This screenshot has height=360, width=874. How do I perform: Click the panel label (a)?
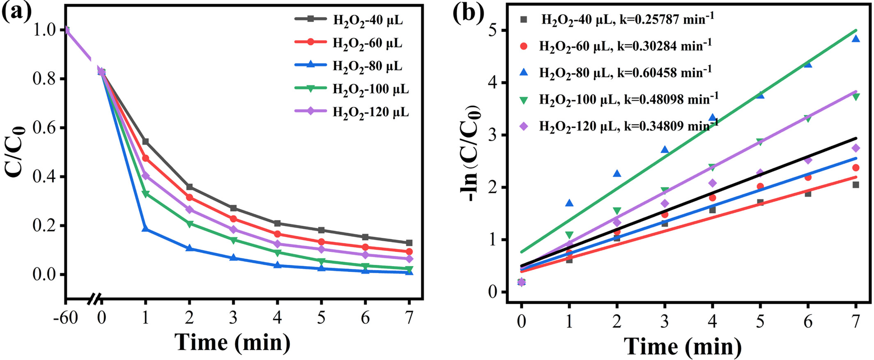16,12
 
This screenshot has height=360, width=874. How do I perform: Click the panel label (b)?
468,12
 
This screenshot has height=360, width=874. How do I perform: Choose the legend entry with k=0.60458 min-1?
624,73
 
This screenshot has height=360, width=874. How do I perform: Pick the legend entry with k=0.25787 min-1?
626,19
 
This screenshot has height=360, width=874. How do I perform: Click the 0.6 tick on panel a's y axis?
44,128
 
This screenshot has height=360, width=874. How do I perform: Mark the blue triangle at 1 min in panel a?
145,229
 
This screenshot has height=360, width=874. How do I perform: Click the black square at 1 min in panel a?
145,142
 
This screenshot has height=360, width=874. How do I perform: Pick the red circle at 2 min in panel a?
189,197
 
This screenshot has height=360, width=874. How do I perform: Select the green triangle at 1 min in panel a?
145,194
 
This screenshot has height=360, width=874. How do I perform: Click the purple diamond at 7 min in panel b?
856,148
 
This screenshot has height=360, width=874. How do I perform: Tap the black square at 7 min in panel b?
856,185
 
